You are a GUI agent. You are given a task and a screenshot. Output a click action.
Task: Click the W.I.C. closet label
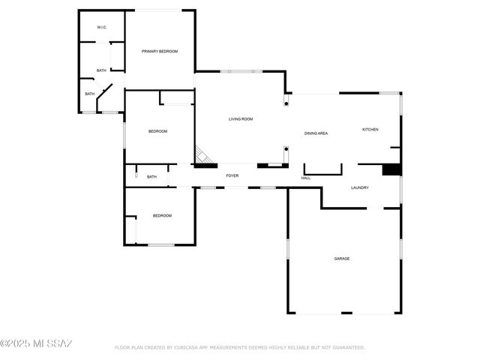(x=101, y=28)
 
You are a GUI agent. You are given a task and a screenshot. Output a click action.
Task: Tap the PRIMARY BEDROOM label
(x=160, y=51)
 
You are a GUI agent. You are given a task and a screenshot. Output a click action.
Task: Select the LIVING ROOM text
(x=241, y=119)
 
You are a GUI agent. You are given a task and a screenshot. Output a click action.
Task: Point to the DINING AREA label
(x=316, y=133)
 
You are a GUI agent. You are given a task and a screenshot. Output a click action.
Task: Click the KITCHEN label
(x=370, y=130)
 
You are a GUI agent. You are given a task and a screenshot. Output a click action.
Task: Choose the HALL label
(x=306, y=178)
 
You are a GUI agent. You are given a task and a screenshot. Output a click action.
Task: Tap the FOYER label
(x=232, y=175)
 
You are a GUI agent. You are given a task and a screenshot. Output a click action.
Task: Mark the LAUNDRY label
(x=360, y=187)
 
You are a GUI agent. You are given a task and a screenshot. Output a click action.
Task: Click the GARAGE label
(x=342, y=259)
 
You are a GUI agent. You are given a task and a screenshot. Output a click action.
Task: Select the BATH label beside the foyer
(x=151, y=177)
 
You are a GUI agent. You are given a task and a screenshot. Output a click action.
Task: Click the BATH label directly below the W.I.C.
(x=101, y=71)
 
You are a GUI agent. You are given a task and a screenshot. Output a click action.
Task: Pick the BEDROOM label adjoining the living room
(x=157, y=132)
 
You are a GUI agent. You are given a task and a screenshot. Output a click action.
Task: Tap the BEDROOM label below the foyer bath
(x=162, y=216)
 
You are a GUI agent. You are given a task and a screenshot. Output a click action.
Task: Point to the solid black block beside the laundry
(x=391, y=169)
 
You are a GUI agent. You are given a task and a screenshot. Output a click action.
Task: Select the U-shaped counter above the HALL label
(x=322, y=169)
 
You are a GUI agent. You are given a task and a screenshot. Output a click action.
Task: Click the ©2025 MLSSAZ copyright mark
(x=36, y=344)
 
